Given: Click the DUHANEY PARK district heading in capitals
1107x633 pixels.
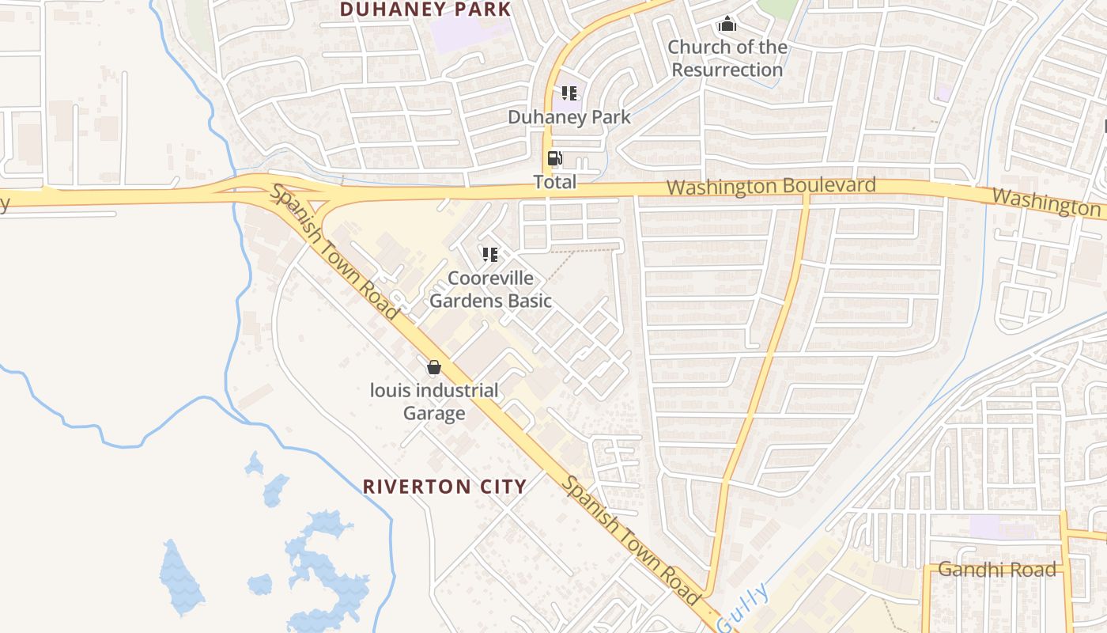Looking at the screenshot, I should pos(425,9).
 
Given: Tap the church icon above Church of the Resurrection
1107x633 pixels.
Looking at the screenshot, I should pos(727,25).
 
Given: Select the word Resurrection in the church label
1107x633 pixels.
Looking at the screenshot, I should pos(727,70).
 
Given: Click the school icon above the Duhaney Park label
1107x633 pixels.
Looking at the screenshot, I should pos(569,93).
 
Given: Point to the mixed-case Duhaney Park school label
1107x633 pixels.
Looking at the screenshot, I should pos(569,117).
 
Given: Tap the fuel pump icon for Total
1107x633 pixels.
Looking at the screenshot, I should pos(555,158).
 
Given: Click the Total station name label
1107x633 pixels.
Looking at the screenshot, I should pos(555,182).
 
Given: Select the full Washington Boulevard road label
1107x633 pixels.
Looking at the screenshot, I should pos(771,187).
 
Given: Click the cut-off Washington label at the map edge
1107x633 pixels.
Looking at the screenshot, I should pos(1045,202).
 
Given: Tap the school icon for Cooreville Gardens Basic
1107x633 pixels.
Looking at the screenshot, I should pos(490,255).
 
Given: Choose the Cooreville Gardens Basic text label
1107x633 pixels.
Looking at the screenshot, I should pos(490,290).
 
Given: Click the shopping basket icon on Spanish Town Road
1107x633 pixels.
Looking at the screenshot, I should pos(433,367).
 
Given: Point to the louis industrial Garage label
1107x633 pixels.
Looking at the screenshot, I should pos(434,402).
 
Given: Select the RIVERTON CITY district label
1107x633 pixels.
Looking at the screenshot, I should pos(444,487).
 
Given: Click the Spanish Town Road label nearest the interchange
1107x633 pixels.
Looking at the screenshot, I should pos(334,252).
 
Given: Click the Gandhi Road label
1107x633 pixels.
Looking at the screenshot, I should pos(996,570).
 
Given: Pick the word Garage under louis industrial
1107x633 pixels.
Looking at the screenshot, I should pos(434,414).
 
